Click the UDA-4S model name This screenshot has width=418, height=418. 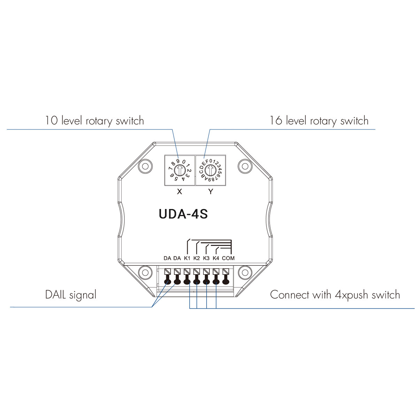coord(183,214)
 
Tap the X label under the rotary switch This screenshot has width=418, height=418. coord(179,192)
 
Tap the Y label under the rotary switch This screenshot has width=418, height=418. coord(211,192)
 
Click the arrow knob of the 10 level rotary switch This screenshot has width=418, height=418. coord(180,170)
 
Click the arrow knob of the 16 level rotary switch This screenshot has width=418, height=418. coord(210,170)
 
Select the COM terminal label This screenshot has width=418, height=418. coord(228,258)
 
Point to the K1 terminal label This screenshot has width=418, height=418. coord(187,258)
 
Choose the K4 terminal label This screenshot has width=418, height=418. coord(216,258)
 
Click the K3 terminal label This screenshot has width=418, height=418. coord(206,258)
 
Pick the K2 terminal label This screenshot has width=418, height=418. coord(196,258)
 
